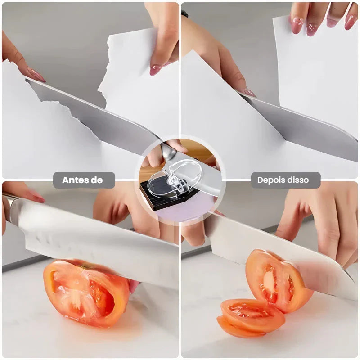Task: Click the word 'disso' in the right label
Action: pyautogui.click(x=297, y=180)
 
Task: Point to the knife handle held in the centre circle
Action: pyautogui.click(x=169, y=152)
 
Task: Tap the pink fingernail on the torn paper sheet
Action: pyautogui.click(x=155, y=70)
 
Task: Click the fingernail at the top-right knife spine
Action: pyautogui.click(x=250, y=93)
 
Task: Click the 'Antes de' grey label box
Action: pyautogui.click(x=84, y=180)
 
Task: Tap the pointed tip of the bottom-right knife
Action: pyautogui.click(x=357, y=299)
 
